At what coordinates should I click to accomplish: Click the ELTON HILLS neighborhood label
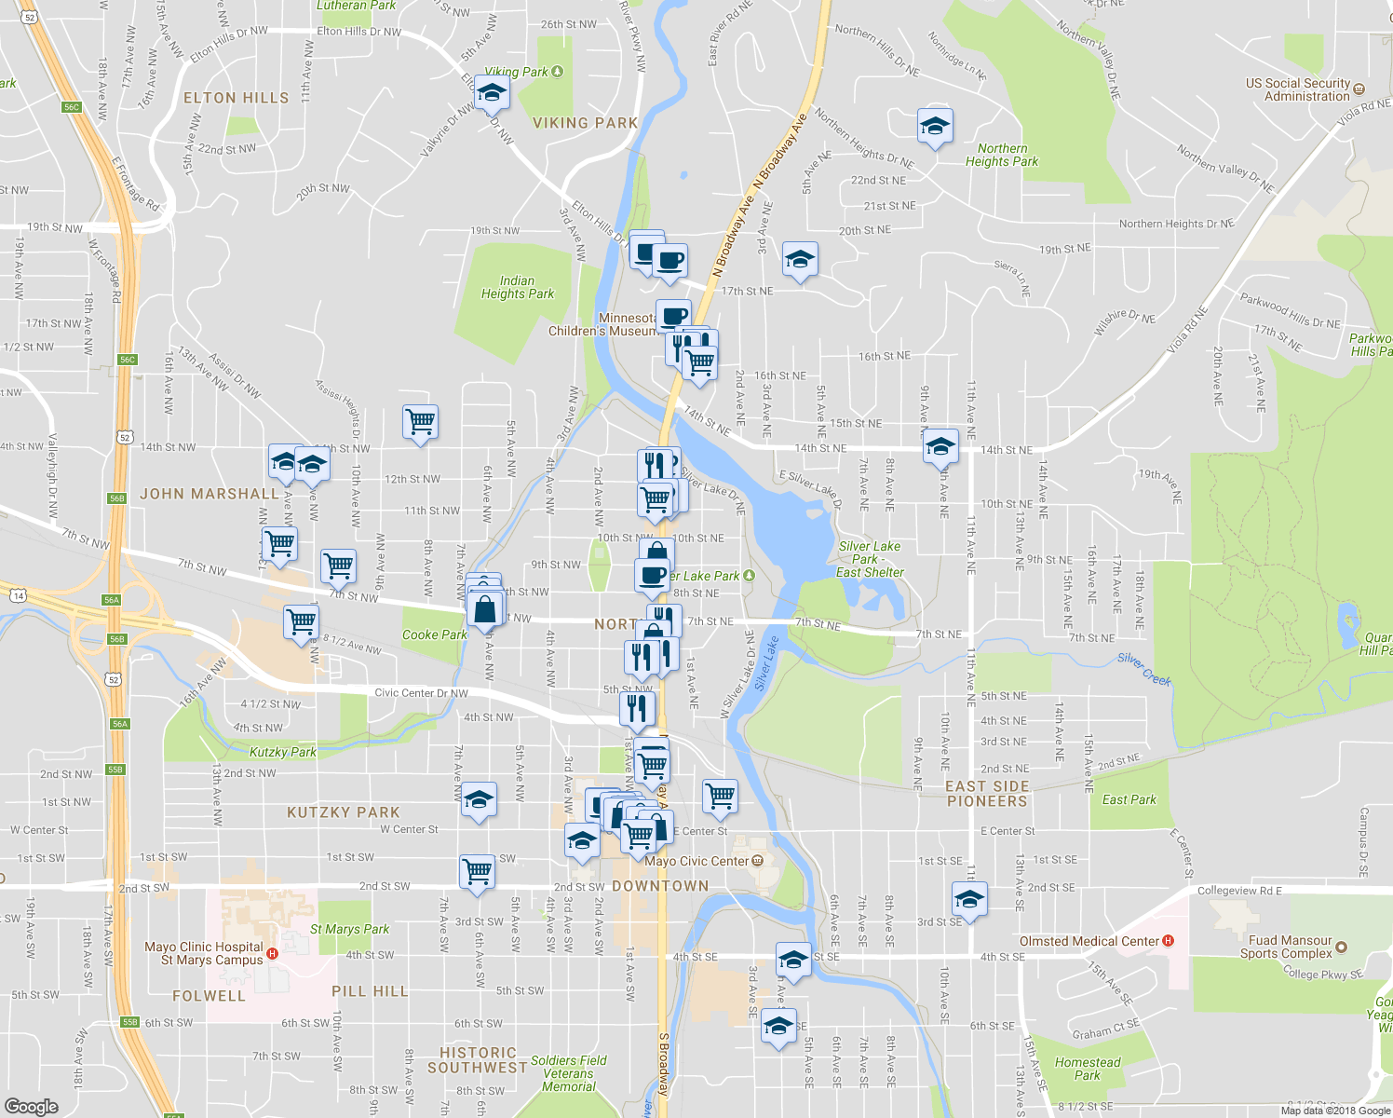click(x=236, y=98)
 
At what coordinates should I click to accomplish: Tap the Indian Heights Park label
click(x=517, y=287)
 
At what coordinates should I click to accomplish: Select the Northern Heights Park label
click(x=1002, y=155)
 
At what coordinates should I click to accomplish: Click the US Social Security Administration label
click(x=1298, y=89)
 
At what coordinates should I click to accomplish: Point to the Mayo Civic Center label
click(x=696, y=861)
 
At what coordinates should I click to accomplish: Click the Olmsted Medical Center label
click(x=1089, y=941)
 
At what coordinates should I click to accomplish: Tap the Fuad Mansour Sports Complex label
click(x=1290, y=947)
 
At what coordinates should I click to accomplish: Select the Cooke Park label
click(x=434, y=634)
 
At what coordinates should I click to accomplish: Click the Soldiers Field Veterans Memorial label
click(x=568, y=1073)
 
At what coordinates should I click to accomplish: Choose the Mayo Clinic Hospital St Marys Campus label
click(x=204, y=953)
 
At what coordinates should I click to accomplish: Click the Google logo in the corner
click(x=31, y=1106)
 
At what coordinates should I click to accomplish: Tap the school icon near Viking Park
click(x=492, y=93)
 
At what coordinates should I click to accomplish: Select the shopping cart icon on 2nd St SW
click(x=478, y=871)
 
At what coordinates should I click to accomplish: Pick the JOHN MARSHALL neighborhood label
click(x=209, y=494)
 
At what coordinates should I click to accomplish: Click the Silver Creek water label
click(x=1144, y=669)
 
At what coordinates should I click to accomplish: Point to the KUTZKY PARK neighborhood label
click(x=343, y=812)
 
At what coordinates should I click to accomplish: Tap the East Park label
click(x=1129, y=799)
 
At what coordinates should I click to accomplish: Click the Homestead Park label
click(x=1087, y=1069)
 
